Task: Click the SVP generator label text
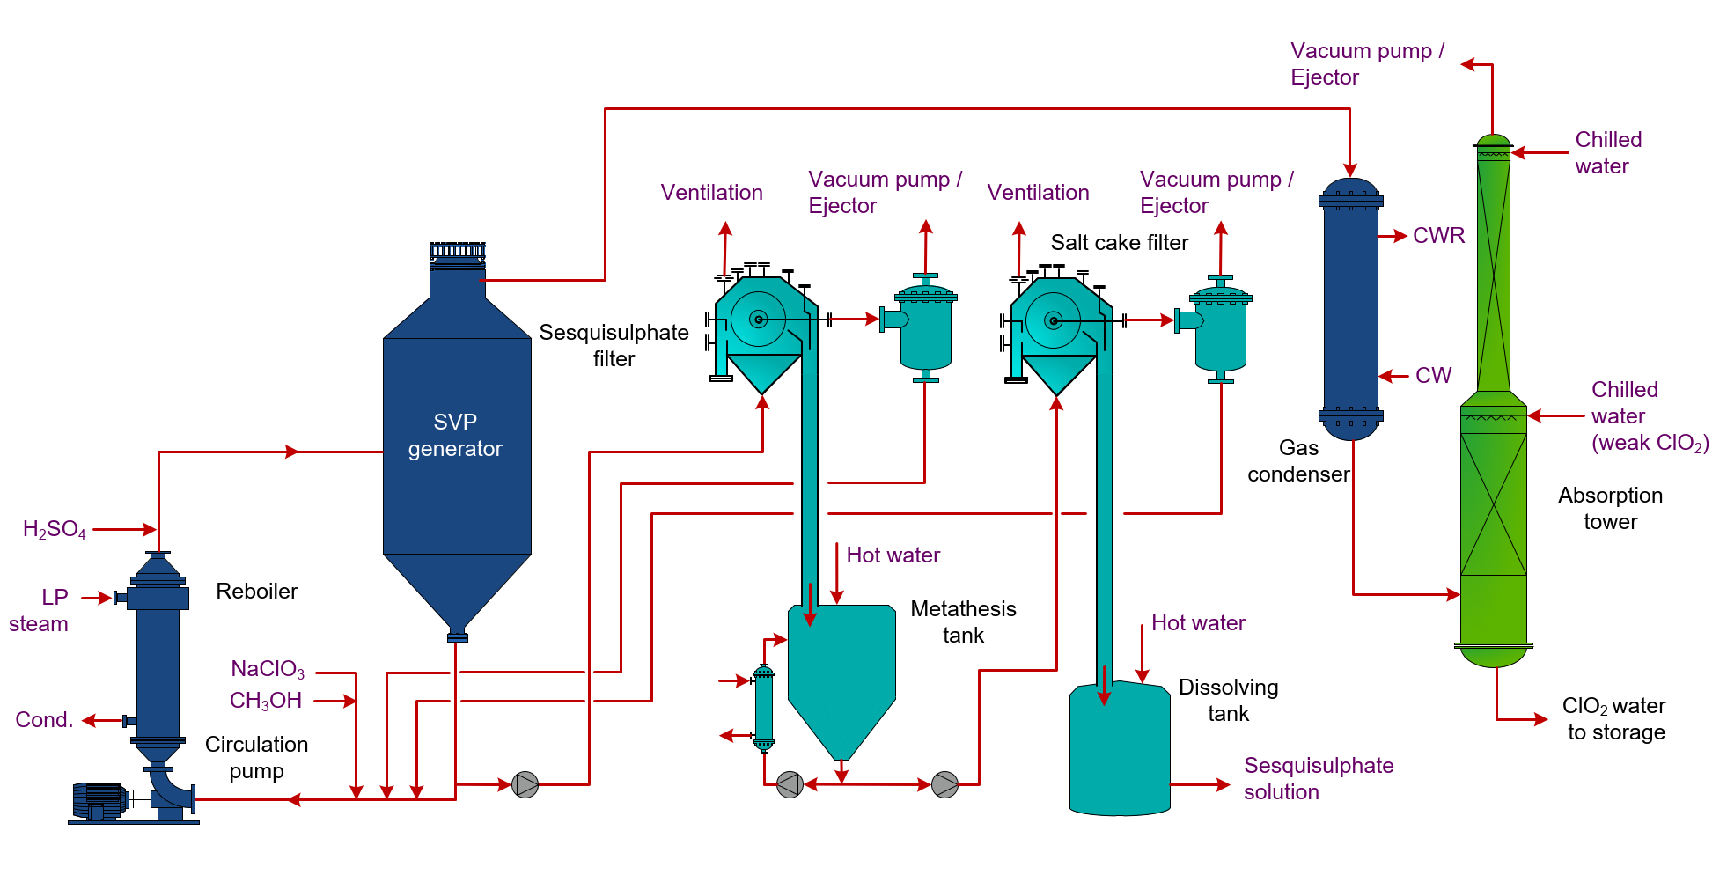coord(455,436)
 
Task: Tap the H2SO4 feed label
coord(55,529)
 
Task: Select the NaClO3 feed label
coord(268,669)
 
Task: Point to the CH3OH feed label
coord(266,701)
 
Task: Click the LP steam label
coord(40,610)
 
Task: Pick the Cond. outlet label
coord(44,719)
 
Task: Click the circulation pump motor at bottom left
coord(99,800)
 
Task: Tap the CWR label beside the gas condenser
coord(1438,236)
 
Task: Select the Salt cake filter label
coord(1119,243)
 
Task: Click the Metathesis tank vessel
coord(841,669)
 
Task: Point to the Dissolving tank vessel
coord(1119,748)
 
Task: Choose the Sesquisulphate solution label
coord(1318,778)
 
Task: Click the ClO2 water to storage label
coord(1615,718)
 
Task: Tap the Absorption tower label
coord(1610,508)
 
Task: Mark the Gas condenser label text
coord(1297,461)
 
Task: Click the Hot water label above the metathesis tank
coord(893,555)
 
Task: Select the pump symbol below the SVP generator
coord(525,784)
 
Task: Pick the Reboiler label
coord(256,592)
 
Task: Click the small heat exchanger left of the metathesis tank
coord(764,708)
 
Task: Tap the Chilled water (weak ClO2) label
coord(1649,416)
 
